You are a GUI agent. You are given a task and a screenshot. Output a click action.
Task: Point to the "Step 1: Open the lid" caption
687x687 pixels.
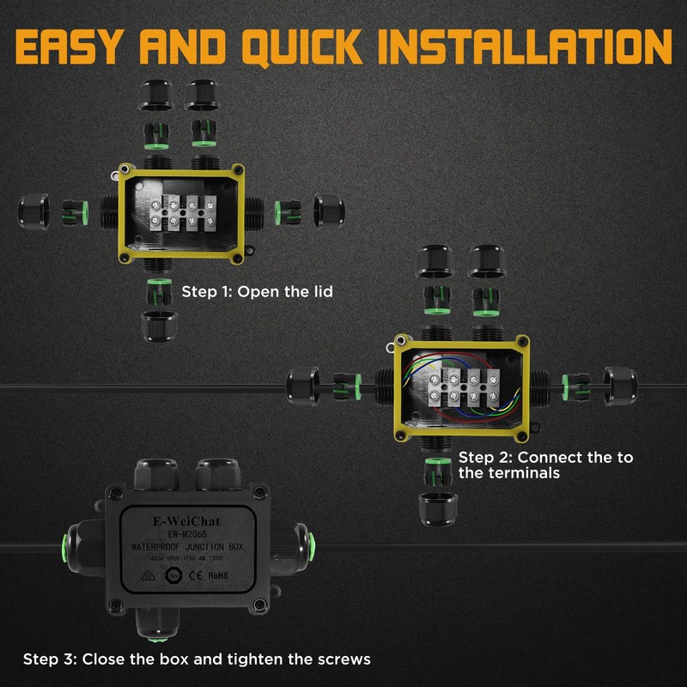pyautogui.click(x=257, y=292)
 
